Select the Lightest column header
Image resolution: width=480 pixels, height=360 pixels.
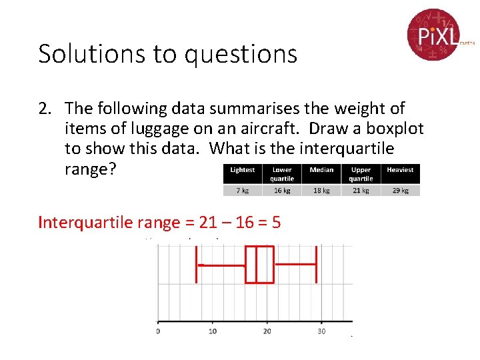point(243,170)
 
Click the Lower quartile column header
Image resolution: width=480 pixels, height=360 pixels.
point(282,174)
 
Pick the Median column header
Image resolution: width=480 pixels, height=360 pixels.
point(321,170)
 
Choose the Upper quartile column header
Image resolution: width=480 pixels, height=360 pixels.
point(361,174)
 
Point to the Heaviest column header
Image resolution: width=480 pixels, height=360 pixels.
point(400,170)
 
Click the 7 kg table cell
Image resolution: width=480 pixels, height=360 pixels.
point(243,190)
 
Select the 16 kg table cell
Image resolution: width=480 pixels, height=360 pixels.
point(282,190)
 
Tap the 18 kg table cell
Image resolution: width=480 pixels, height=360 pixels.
point(321,190)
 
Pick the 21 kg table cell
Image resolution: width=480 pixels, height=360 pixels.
point(361,190)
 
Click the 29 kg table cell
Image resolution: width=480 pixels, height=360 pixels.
point(400,190)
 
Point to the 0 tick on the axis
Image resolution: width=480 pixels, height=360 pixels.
point(158,331)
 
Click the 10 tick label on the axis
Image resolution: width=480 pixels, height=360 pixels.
point(213,331)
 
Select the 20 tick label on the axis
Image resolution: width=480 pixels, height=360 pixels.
point(267,331)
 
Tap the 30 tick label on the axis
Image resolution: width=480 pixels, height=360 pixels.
point(321,331)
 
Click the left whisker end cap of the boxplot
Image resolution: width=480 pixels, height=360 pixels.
point(196,265)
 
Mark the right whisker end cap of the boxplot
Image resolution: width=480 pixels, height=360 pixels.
point(316,265)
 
